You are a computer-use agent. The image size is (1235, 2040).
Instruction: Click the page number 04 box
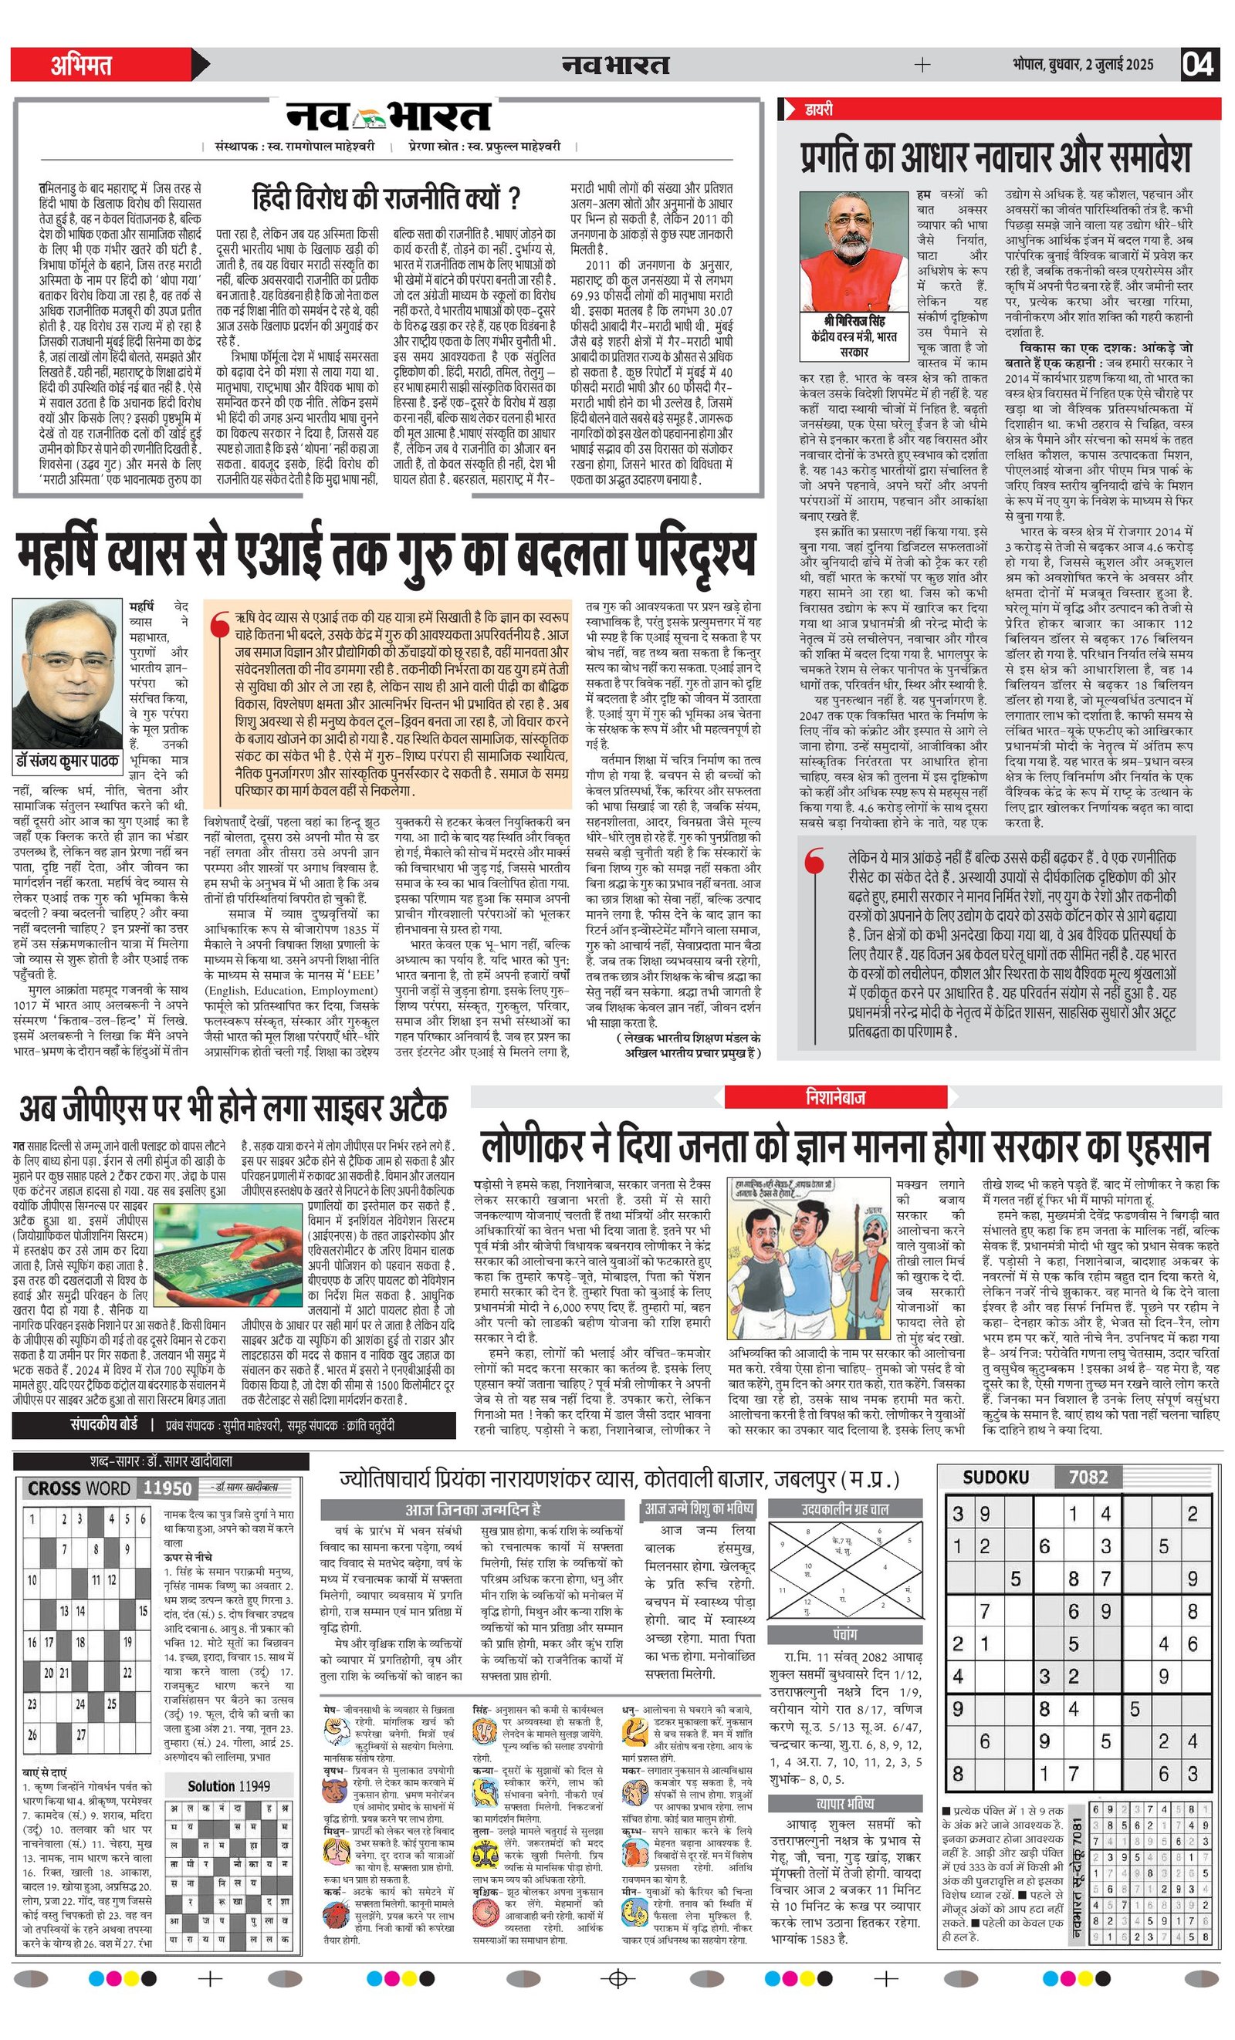pyautogui.click(x=1199, y=65)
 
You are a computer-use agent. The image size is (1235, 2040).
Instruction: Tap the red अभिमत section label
pyautogui.click(x=81, y=65)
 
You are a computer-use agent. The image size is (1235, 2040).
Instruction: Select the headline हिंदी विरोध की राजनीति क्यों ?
pyautogui.click(x=386, y=199)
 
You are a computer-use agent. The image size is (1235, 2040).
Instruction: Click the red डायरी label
pyautogui.click(x=818, y=110)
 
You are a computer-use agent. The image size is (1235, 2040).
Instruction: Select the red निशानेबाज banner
pyautogui.click(x=835, y=1098)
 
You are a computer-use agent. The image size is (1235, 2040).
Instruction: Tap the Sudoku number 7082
pyautogui.click(x=1088, y=1477)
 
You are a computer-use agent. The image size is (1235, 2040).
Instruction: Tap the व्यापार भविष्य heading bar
pyautogui.click(x=845, y=1803)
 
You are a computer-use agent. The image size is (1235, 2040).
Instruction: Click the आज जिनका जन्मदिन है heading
pyautogui.click(x=472, y=1508)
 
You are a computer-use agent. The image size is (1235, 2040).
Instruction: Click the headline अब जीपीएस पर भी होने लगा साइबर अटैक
pyautogui.click(x=234, y=1108)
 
